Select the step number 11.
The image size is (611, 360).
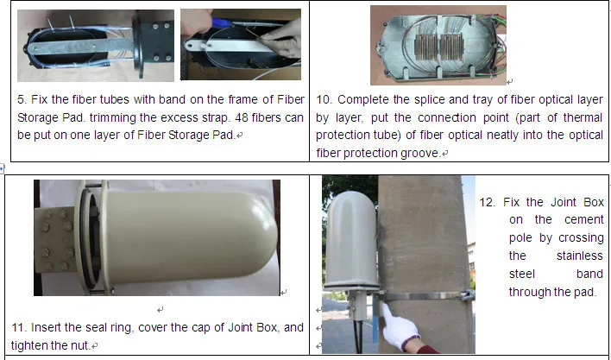17,328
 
